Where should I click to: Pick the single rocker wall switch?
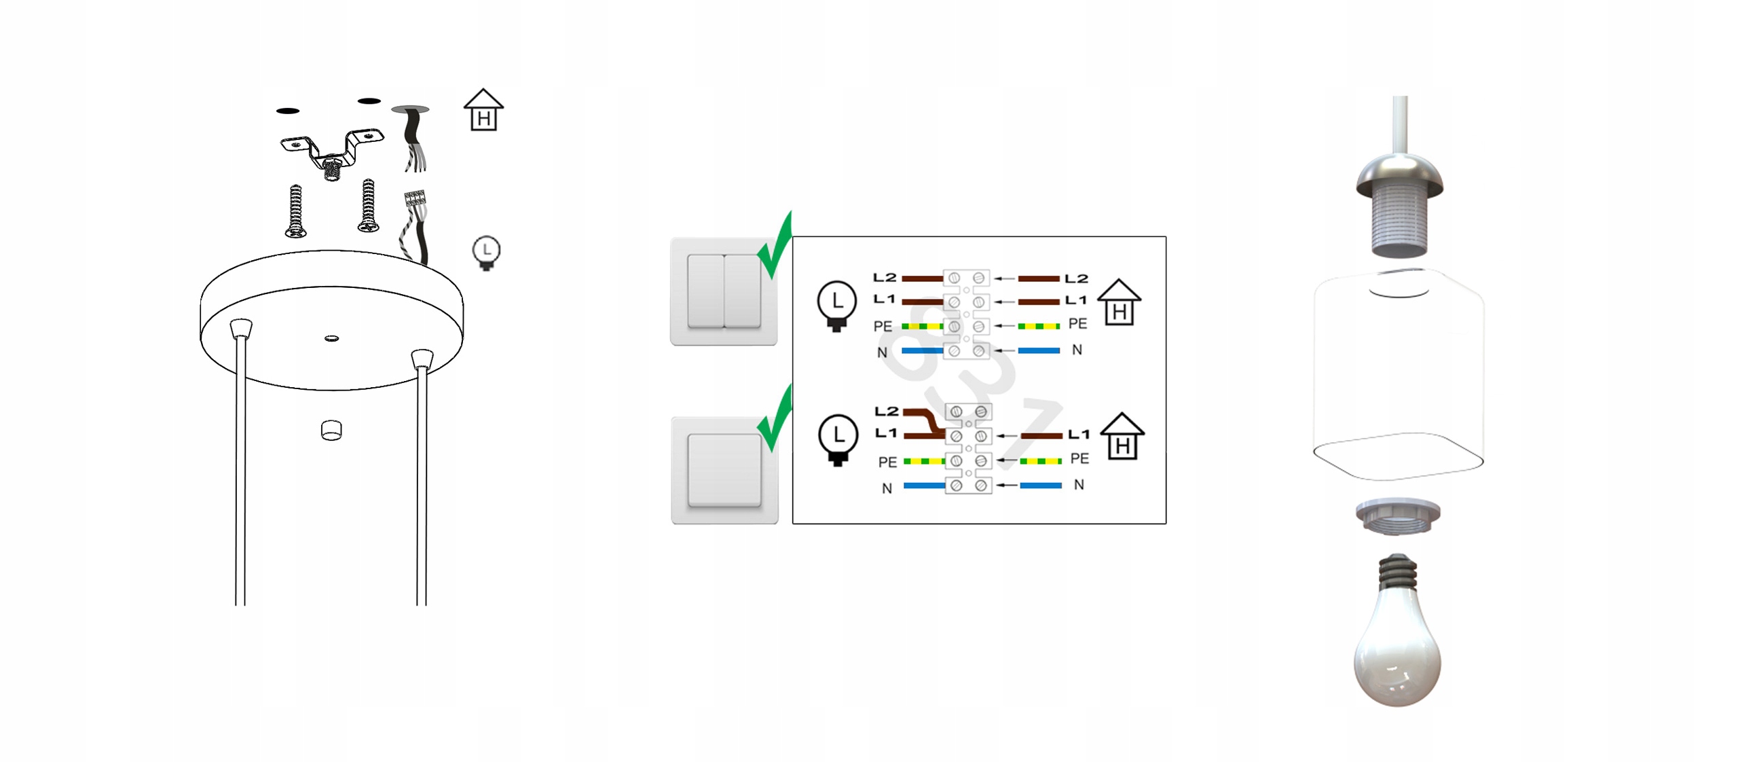point(724,470)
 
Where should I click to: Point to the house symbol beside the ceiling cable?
point(483,110)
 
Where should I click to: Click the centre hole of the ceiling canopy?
point(331,338)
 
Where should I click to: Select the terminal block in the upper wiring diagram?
point(965,314)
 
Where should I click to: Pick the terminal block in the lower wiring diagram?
point(967,448)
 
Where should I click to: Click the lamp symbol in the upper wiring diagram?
point(836,304)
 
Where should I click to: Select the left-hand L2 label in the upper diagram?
point(884,277)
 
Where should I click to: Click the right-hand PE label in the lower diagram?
point(1079,458)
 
